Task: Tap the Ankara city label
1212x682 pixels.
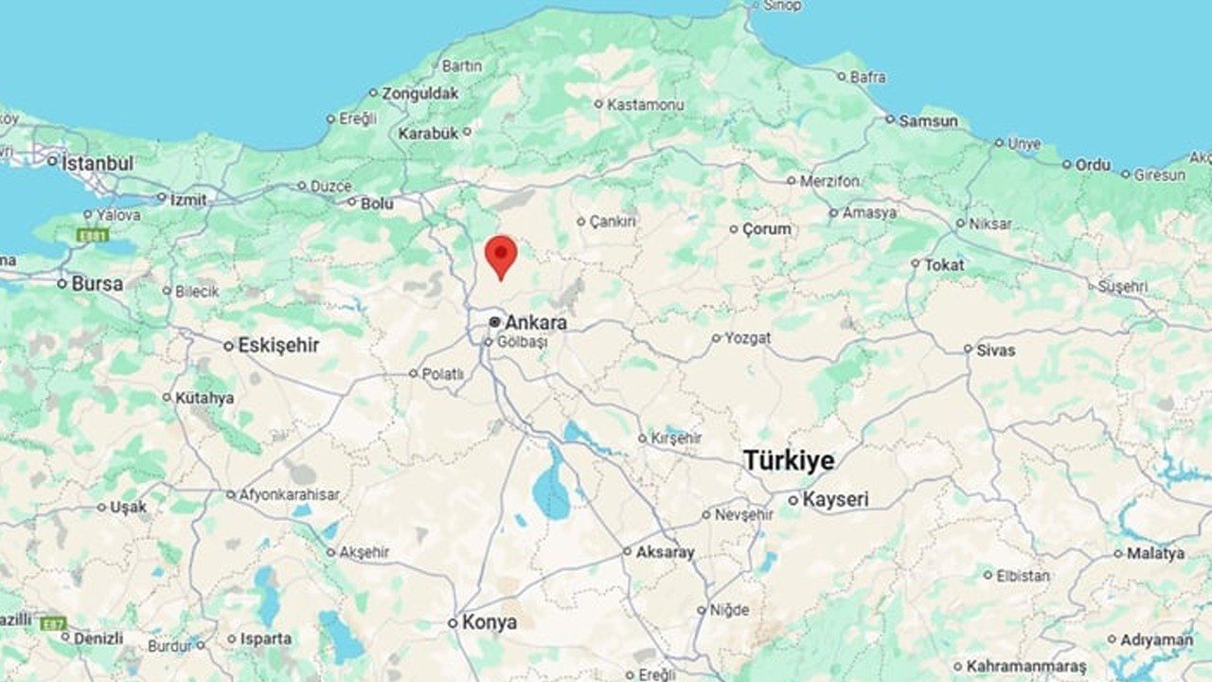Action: click(x=535, y=322)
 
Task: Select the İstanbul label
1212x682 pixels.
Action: click(x=98, y=163)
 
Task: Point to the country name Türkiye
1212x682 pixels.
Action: click(x=789, y=461)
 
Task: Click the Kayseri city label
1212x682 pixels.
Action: click(x=835, y=499)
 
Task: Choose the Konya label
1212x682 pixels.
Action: click(x=489, y=622)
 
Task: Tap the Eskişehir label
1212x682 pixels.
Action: click(x=277, y=346)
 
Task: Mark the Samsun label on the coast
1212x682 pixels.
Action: click(x=928, y=120)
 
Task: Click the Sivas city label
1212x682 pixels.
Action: click(x=995, y=350)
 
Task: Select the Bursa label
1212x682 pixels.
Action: click(x=97, y=283)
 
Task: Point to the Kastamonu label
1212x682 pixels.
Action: click(x=645, y=104)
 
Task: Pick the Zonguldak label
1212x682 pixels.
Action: click(x=419, y=93)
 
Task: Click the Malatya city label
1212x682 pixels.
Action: click(x=1155, y=553)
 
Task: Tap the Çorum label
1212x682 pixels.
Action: click(x=766, y=229)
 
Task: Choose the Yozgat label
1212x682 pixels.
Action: click(x=747, y=337)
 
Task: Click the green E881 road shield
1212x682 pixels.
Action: click(x=93, y=234)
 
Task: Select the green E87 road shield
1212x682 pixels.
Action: click(x=53, y=622)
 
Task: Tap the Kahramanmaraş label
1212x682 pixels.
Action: click(x=1025, y=667)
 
